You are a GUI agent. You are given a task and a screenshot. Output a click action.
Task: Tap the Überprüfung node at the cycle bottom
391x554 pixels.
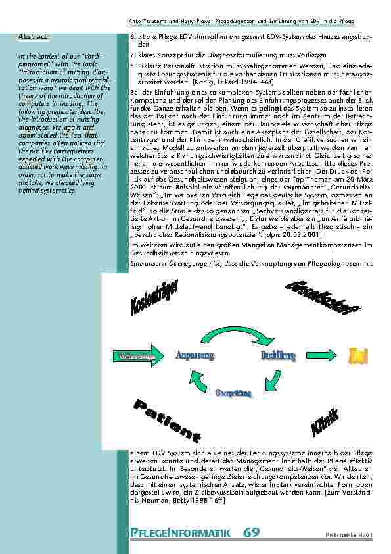(x=233, y=393)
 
